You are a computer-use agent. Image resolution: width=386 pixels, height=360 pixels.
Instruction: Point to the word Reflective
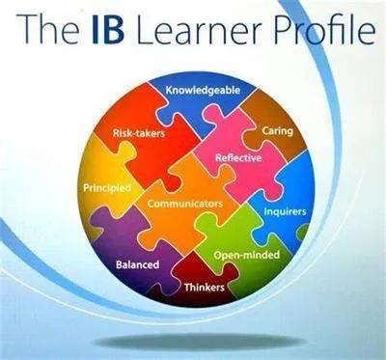pos(238,157)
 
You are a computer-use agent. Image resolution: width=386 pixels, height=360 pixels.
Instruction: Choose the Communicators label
pos(185,205)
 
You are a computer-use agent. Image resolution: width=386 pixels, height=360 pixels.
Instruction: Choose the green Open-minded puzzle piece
pos(236,236)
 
